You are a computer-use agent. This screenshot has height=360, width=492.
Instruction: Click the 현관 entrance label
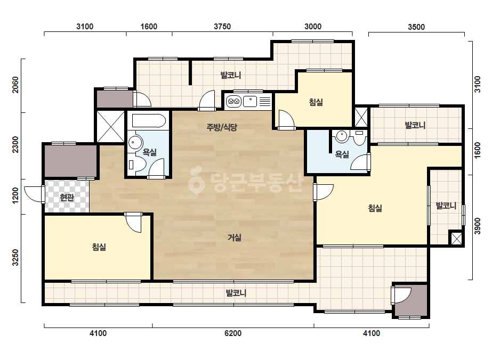pyautogui.click(x=67, y=197)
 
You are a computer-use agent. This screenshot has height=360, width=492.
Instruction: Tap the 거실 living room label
pyautogui.click(x=235, y=238)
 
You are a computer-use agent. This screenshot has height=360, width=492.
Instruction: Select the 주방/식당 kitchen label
pyautogui.click(x=222, y=127)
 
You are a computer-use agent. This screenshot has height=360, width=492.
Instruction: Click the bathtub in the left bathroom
pyautogui.click(x=149, y=121)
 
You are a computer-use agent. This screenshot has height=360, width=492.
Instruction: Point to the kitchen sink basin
pyautogui.click(x=250, y=101)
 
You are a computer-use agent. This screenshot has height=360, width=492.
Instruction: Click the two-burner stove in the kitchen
pyautogui.click(x=233, y=101)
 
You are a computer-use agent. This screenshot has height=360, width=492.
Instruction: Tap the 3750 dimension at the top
pyautogui.click(x=222, y=27)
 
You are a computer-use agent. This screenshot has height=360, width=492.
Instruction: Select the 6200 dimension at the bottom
pyautogui.click(x=233, y=333)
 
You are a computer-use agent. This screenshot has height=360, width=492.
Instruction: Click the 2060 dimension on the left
pyautogui.click(x=15, y=85)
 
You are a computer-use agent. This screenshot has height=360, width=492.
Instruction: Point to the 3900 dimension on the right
pyautogui.click(x=477, y=226)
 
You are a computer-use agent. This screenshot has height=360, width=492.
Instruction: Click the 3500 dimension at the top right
pyautogui.click(x=416, y=27)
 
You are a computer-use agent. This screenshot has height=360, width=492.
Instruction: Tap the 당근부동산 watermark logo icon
pyautogui.click(x=196, y=183)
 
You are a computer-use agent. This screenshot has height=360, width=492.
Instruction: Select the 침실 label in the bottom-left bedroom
pyautogui.click(x=99, y=247)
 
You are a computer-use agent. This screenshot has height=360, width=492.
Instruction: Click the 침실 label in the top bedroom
pyautogui.click(x=316, y=102)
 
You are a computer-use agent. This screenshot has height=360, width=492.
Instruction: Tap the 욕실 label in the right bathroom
pyautogui.click(x=342, y=154)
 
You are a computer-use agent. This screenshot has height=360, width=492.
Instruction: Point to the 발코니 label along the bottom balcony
pyautogui.click(x=236, y=293)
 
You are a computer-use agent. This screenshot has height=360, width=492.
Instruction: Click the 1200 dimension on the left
pyautogui.click(x=15, y=195)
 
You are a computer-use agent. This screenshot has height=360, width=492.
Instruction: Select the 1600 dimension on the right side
pyautogui.click(x=477, y=151)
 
